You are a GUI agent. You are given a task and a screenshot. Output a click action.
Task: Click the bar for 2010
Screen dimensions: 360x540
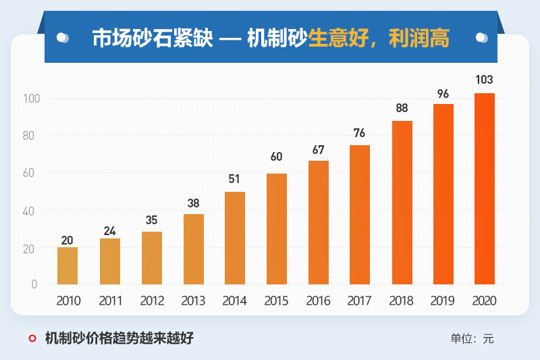pyautogui.click(x=67, y=265)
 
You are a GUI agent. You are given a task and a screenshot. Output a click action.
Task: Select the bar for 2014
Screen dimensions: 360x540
pyautogui.click(x=235, y=238)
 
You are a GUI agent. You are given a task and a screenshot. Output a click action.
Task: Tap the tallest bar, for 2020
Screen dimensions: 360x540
pyautogui.click(x=485, y=188)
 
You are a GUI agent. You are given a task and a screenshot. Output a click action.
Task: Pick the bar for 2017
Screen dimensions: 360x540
pyautogui.click(x=360, y=214)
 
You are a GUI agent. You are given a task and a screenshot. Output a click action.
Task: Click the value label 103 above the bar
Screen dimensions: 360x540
pyautogui.click(x=484, y=80)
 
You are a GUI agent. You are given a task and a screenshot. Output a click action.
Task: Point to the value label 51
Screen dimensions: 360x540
pyautogui.click(x=234, y=179)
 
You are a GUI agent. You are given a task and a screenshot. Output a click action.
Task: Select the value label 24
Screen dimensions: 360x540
pyautogui.click(x=109, y=231)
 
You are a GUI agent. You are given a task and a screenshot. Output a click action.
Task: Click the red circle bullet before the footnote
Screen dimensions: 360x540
pyautogui.click(x=32, y=338)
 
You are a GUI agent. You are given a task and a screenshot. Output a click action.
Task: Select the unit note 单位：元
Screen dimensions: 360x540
pyautogui.click(x=472, y=338)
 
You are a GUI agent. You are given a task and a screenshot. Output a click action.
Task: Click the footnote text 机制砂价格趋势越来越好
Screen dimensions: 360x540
pyautogui.click(x=119, y=338)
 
